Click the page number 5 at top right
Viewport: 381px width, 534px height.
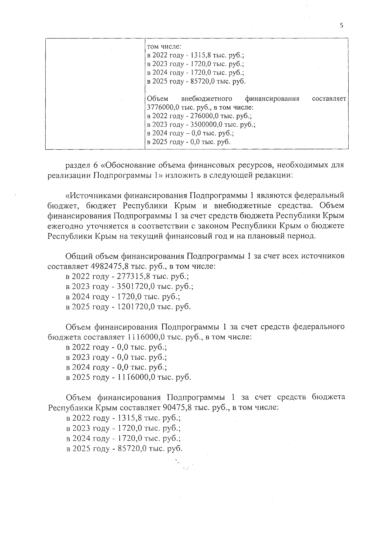(x=342, y=26)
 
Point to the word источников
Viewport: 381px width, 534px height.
(x=323, y=256)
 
